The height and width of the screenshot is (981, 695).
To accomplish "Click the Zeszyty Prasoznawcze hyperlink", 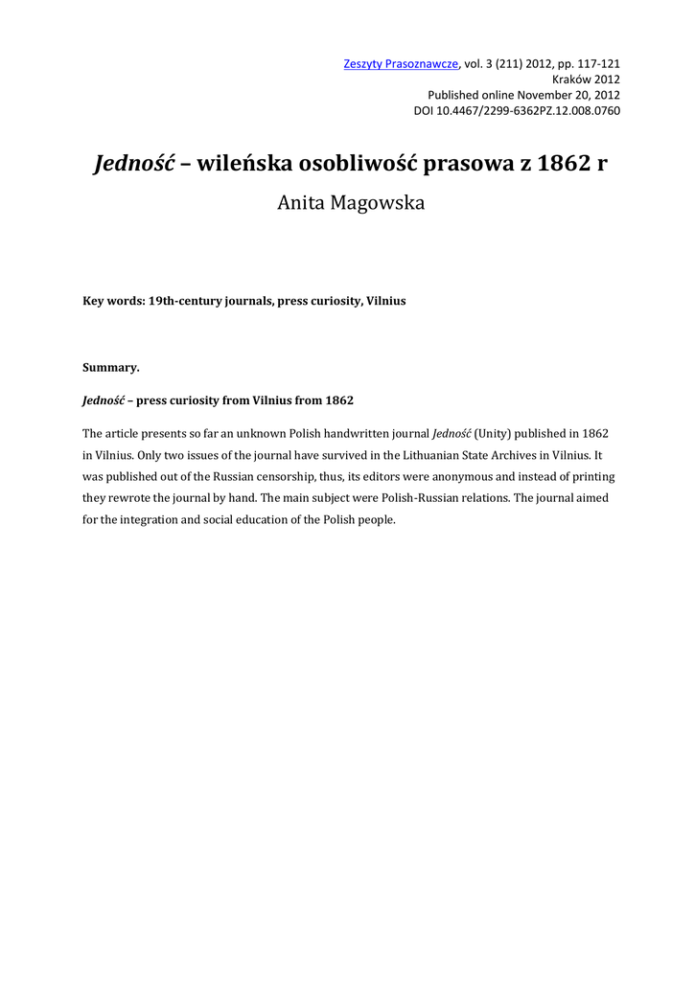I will pos(401,64).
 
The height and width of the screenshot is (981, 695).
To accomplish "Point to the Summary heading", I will pos(111,367).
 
